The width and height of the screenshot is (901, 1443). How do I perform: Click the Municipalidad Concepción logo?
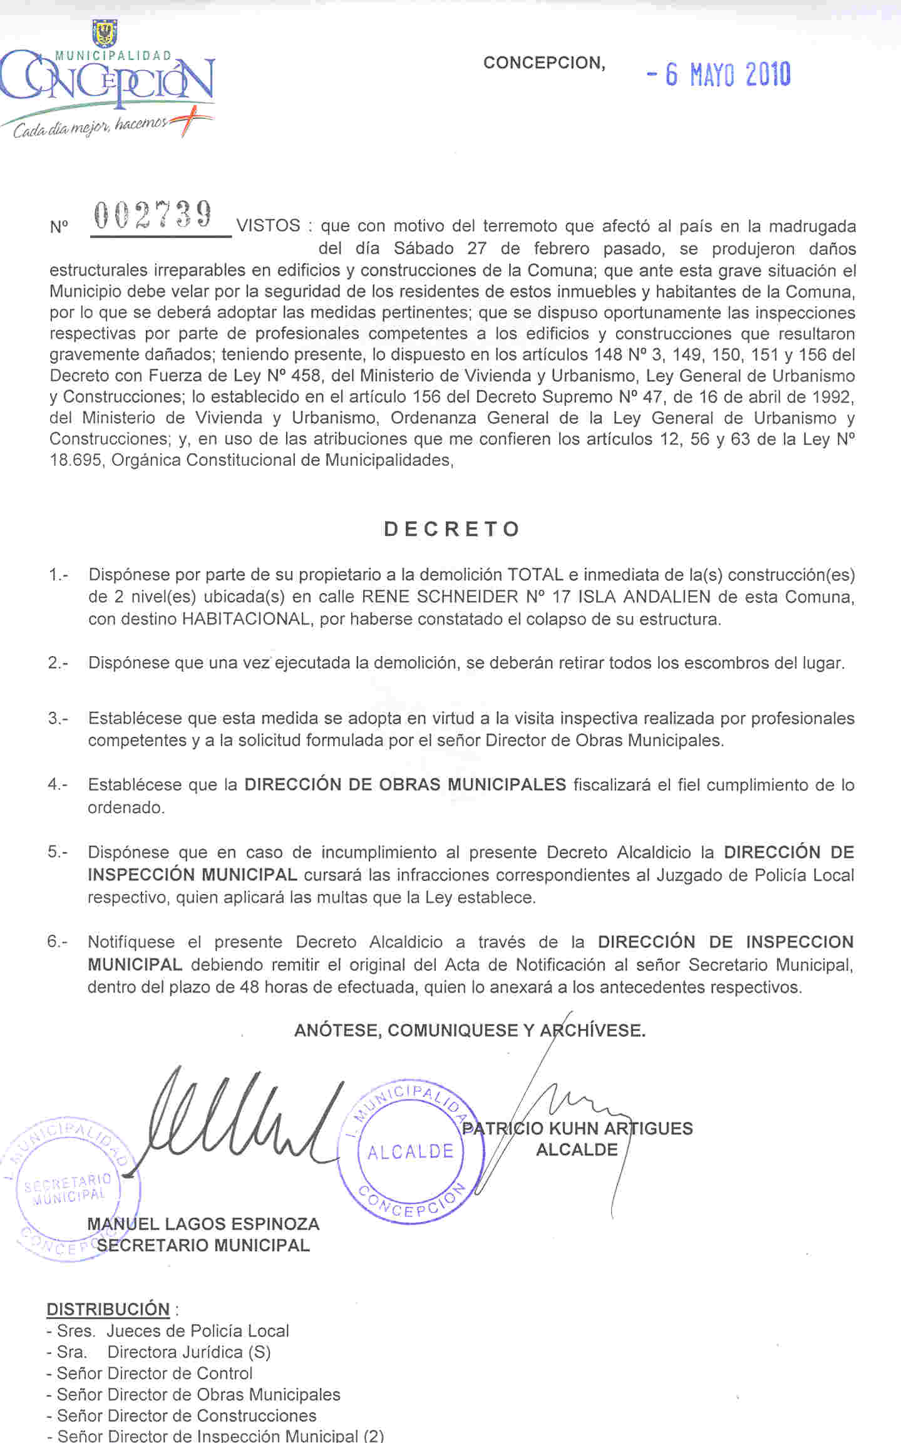click(x=108, y=81)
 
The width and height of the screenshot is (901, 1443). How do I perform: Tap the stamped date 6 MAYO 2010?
click(x=718, y=74)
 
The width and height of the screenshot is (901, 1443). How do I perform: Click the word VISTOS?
click(x=269, y=225)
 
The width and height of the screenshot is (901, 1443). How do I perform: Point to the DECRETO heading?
click(x=451, y=529)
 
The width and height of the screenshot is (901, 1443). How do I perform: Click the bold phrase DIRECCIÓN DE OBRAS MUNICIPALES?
click(x=405, y=784)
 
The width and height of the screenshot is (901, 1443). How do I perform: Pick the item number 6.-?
click(x=58, y=942)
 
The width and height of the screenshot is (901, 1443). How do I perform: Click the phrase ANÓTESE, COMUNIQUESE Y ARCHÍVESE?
click(x=470, y=1030)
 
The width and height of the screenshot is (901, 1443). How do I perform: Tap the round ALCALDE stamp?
click(x=411, y=1151)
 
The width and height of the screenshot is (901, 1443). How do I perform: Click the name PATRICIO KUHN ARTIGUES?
click(x=577, y=1128)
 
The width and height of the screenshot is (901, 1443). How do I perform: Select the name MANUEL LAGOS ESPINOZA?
click(x=203, y=1223)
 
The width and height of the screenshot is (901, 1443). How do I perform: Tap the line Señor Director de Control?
click(x=154, y=1373)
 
